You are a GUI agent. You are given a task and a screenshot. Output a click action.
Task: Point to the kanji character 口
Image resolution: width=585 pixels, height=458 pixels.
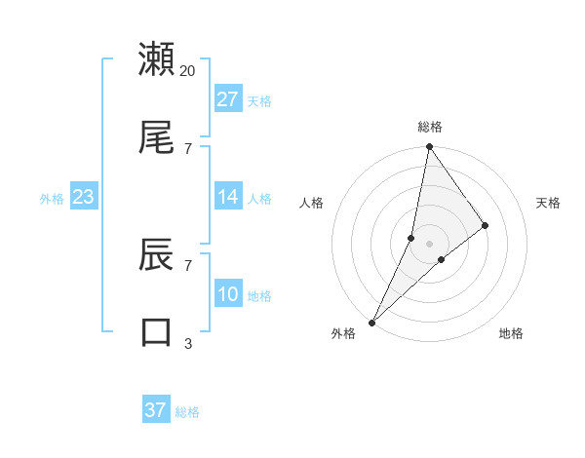[157, 332]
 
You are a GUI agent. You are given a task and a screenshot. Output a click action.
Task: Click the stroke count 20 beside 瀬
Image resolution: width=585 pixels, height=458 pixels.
[188, 70]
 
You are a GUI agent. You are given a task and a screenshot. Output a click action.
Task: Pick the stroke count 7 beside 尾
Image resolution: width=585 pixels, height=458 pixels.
[188, 148]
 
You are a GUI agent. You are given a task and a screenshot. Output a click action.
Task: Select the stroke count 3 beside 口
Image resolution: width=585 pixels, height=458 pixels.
[188, 343]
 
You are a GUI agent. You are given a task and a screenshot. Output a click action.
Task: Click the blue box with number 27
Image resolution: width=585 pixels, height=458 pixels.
[228, 99]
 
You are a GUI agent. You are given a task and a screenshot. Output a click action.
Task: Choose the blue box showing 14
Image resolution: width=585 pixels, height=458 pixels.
[228, 198]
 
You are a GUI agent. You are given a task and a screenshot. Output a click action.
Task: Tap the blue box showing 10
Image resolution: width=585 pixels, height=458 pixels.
[228, 294]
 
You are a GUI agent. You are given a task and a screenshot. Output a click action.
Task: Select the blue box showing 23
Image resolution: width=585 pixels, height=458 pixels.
[84, 198]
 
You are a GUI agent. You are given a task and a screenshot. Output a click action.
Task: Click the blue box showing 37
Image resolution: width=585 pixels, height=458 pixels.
[156, 410]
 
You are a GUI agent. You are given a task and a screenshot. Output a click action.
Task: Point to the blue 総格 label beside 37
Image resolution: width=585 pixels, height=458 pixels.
[187, 412]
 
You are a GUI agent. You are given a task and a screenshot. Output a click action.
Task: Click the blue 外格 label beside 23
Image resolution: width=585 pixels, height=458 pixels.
[52, 199]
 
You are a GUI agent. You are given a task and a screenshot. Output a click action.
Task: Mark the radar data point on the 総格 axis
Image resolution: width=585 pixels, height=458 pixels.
[429, 147]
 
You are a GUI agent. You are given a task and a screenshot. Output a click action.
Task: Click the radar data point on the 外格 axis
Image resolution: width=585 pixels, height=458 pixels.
[371, 322]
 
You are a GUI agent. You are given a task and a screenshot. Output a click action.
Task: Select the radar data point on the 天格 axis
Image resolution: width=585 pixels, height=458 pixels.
[485, 225]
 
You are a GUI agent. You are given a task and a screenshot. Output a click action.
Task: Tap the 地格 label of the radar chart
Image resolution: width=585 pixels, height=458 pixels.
[511, 334]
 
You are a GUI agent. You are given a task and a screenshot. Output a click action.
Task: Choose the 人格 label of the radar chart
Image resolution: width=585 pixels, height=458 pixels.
[312, 203]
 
